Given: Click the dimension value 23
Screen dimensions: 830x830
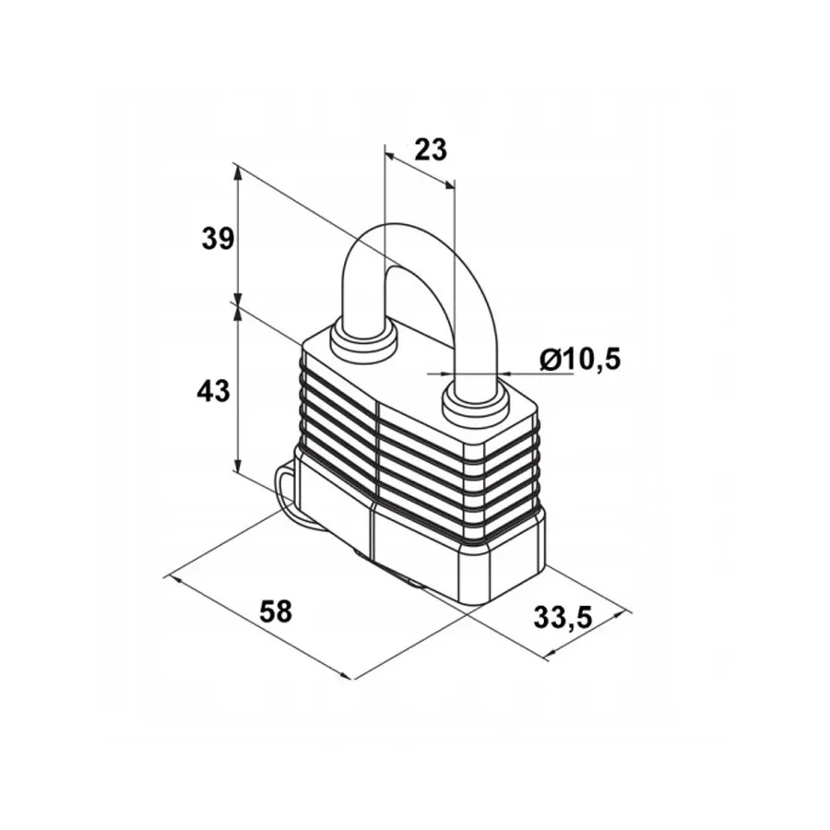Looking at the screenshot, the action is click(431, 149).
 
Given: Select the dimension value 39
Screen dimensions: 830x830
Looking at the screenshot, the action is click(218, 239).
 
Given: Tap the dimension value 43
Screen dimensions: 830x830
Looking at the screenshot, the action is click(213, 391).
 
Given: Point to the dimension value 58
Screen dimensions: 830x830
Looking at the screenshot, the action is click(275, 611).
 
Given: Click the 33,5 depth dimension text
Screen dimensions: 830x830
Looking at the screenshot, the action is click(563, 618).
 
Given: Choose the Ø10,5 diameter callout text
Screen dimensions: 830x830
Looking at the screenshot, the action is click(580, 360).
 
